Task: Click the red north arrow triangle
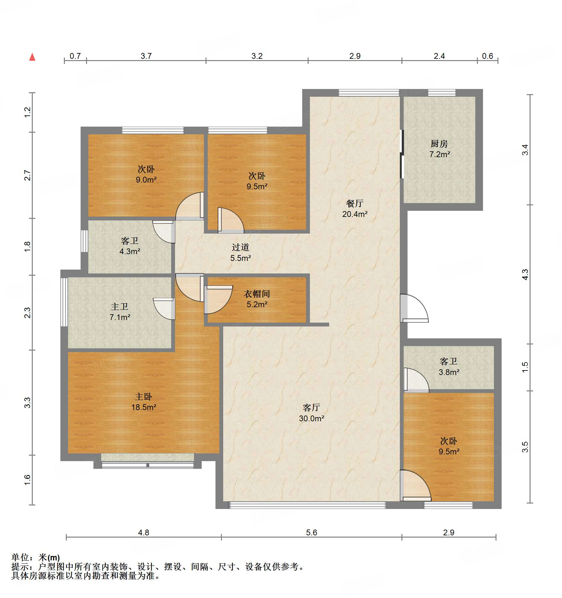32,57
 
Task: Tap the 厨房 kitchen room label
439,143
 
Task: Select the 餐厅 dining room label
355,203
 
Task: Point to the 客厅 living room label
311,407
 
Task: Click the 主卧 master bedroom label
144,397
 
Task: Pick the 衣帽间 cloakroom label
257,294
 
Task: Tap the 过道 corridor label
241,247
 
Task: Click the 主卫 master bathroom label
119,307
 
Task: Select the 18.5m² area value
144,407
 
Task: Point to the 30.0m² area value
312,418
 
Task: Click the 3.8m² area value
449,372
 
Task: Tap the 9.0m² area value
146,180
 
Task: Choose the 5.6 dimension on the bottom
312,532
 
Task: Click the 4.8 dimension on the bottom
144,532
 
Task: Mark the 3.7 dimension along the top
146,56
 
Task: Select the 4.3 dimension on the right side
525,274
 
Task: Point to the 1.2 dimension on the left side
28,112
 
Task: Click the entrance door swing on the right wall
414,308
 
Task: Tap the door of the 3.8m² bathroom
416,380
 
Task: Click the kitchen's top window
442,93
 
